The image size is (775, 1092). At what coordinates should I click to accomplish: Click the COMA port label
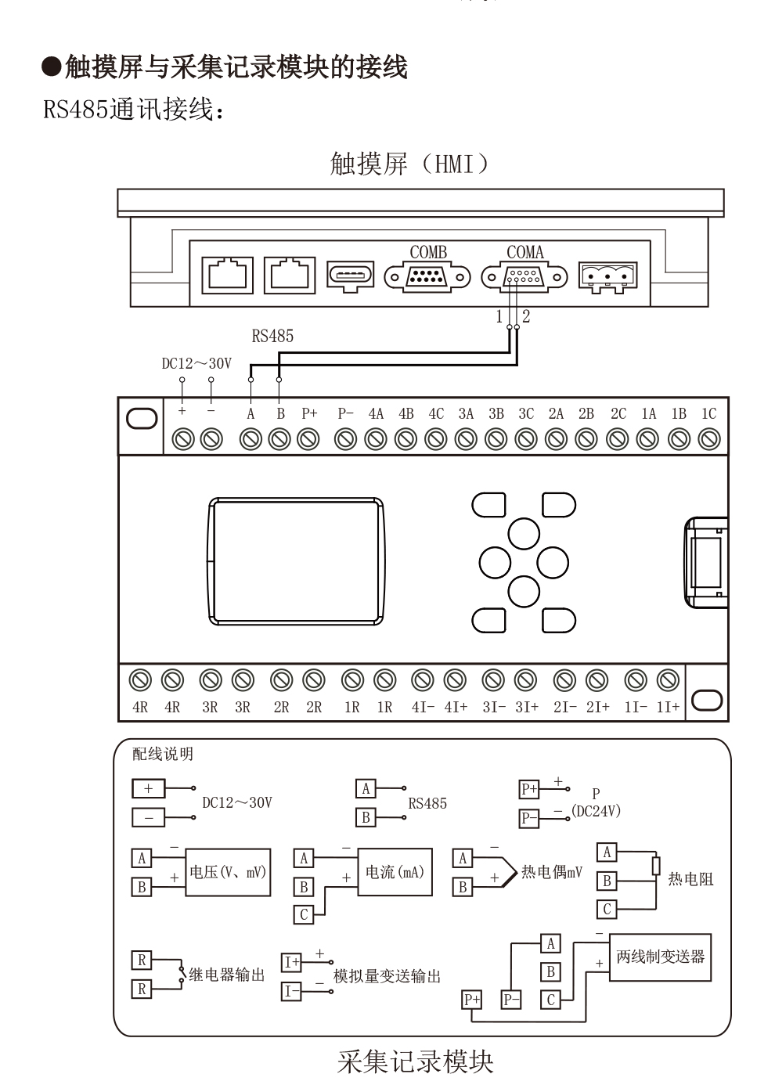(x=525, y=252)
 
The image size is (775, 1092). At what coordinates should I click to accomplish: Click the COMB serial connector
(x=427, y=277)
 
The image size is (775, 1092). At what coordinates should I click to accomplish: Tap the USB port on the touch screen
(x=351, y=276)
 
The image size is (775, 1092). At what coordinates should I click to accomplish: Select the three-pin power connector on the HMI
(x=607, y=277)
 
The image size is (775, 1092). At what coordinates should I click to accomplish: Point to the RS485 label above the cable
(x=272, y=336)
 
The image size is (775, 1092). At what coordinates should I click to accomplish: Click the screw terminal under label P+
(x=308, y=439)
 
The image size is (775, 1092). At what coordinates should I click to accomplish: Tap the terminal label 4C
(x=436, y=414)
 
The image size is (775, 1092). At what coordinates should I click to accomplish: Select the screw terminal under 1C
(x=709, y=439)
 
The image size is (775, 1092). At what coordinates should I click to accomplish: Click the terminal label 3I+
(x=527, y=708)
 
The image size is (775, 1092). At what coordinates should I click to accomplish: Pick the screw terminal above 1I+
(x=668, y=680)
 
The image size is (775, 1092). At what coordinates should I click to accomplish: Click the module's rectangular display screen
(x=296, y=561)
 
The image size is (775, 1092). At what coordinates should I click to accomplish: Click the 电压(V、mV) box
(x=228, y=872)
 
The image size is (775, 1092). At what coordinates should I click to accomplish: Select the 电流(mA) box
(x=395, y=872)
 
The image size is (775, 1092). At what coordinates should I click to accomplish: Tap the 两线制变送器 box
(x=661, y=957)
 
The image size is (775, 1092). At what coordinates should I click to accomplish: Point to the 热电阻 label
(x=690, y=879)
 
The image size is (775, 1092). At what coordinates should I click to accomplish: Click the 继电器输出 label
(x=227, y=975)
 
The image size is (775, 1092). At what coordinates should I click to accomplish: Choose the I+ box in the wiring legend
(x=291, y=962)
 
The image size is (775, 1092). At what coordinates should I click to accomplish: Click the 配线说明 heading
(x=163, y=754)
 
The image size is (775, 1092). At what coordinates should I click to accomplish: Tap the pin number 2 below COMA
(x=526, y=316)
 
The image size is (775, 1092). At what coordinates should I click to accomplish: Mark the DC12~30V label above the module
(x=196, y=363)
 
